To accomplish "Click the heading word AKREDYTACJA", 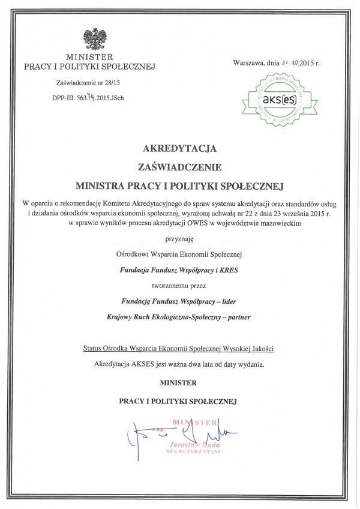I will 179,148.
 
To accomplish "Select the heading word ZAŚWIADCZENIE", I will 179,163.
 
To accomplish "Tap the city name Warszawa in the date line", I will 248,62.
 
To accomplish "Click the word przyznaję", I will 179,238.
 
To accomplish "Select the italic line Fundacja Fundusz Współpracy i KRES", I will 179,270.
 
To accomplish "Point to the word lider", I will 233,302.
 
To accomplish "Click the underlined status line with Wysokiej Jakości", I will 179,349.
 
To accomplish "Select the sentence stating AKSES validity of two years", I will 179,364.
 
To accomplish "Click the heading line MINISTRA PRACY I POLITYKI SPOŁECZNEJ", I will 179,179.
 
